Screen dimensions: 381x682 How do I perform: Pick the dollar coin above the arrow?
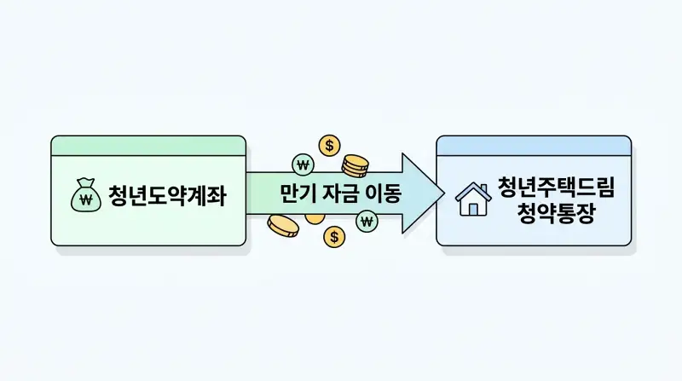tap(329, 145)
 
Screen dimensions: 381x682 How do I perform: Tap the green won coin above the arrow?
tap(302, 164)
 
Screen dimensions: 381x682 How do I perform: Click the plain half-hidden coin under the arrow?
tap(315, 219)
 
